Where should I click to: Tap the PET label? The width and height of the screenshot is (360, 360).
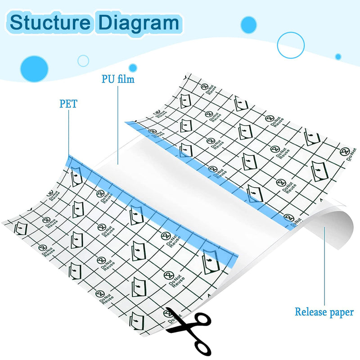68,104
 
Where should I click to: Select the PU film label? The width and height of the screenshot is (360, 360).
117,80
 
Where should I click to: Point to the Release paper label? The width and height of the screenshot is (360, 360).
324,312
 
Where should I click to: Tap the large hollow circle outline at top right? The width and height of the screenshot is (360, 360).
291,45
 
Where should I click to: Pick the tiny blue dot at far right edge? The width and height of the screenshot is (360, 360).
338,56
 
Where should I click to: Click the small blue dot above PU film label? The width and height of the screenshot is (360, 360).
133,67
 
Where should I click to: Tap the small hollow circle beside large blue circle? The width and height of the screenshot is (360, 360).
83,60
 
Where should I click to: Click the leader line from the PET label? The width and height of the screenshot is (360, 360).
68,135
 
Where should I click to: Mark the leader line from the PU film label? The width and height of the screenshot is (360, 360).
117,126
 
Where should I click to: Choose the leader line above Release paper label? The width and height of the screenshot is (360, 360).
325,265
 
